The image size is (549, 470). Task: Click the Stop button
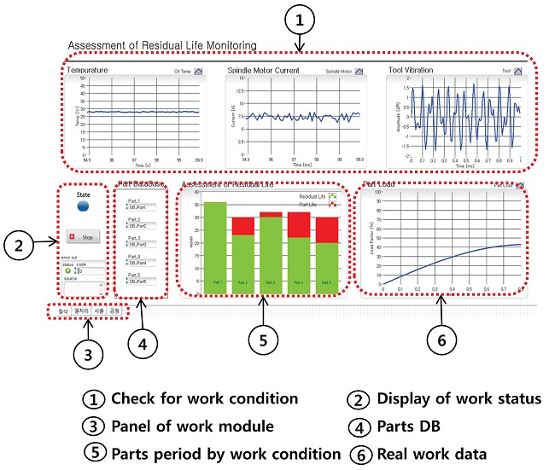(85, 236)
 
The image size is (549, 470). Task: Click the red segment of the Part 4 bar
(298, 224)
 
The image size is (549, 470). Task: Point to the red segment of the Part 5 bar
(327, 229)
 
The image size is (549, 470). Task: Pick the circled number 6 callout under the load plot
(441, 340)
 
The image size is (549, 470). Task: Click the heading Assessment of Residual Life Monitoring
(161, 44)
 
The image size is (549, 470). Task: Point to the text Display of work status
(458, 398)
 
